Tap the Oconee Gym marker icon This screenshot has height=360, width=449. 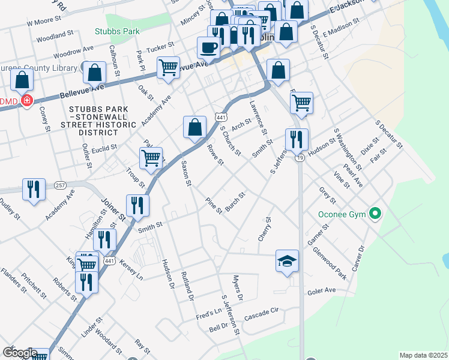[x=376, y=212]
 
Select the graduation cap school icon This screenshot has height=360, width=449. [x=287, y=260]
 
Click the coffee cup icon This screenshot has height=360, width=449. [x=209, y=47]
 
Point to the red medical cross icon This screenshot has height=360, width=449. [x=26, y=101]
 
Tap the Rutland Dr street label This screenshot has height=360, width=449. [x=186, y=286]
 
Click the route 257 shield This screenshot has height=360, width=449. [x=59, y=185]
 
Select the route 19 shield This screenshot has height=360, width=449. [x=299, y=157]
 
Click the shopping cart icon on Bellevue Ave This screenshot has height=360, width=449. [x=168, y=67]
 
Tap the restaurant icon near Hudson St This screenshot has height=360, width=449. [x=297, y=139]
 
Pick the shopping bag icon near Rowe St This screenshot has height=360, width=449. [x=194, y=127]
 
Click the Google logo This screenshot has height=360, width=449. [x=19, y=353]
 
